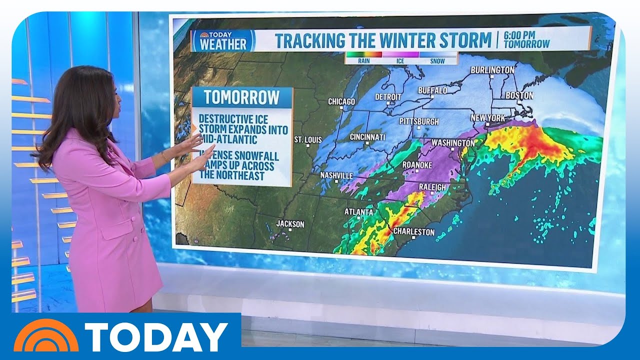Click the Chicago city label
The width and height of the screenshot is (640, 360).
[341, 102]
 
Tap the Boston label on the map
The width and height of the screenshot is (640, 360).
[519, 95]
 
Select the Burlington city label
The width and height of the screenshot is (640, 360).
[492, 70]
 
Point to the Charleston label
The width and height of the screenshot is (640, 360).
[414, 232]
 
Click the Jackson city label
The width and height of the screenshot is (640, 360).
[290, 224]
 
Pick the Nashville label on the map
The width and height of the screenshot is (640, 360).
[336, 175]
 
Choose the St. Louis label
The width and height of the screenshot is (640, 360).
[308, 139]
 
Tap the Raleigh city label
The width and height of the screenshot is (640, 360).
[431, 187]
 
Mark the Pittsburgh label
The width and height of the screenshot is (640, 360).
[419, 121]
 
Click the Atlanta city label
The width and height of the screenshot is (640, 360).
[358, 212]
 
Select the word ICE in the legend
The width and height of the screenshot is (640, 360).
[400, 61]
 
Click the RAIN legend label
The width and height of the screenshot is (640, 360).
[363, 61]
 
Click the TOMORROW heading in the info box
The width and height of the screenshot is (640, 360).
[241, 97]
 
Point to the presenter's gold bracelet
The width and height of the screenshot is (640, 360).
[164, 157]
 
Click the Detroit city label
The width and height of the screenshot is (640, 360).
[387, 96]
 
